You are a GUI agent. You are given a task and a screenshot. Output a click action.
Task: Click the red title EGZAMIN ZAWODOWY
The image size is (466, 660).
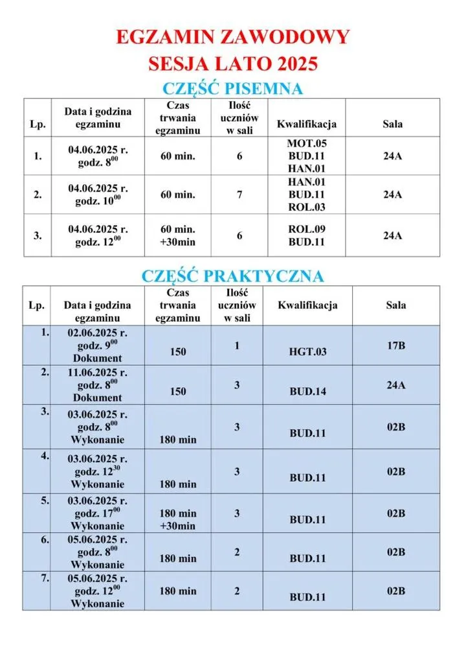(232, 36)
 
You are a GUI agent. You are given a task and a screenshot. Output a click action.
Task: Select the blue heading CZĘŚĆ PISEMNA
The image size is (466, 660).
(232, 88)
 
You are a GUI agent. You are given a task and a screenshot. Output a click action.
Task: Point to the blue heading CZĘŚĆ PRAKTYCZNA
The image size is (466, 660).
(232, 276)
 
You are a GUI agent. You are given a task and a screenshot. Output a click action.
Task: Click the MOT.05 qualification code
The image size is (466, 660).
(306, 143)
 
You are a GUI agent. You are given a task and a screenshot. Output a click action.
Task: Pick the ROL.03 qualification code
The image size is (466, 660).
(306, 207)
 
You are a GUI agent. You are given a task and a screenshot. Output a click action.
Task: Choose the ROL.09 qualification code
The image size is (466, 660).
(306, 230)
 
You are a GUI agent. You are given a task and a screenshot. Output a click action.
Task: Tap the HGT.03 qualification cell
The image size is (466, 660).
(307, 351)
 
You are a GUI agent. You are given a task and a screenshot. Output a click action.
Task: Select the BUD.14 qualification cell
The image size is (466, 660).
(307, 391)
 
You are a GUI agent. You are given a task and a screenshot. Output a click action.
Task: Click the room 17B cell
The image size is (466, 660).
(396, 346)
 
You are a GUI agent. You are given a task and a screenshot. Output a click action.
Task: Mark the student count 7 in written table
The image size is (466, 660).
(239, 194)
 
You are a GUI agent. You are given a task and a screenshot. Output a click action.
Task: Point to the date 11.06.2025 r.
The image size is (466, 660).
(98, 373)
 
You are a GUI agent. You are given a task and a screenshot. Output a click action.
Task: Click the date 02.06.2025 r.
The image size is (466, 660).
(98, 333)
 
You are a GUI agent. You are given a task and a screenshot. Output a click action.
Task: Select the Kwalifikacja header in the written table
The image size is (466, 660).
(306, 124)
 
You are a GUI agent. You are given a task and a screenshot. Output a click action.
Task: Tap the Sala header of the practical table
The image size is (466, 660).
(396, 305)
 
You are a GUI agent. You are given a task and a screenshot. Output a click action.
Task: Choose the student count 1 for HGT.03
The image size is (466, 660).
(237, 346)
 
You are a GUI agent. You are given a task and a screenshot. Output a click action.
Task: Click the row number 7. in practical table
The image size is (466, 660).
(45, 578)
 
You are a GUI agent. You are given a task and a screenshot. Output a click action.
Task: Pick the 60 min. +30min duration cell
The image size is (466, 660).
(177, 235)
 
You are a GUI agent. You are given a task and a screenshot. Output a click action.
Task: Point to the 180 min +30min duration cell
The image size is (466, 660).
(177, 520)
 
